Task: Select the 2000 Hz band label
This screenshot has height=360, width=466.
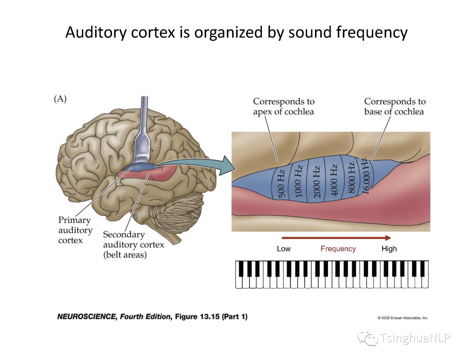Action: pos(317,182)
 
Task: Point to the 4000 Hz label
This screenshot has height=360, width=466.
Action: pos(334,180)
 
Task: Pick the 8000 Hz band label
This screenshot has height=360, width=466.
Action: pos(351,178)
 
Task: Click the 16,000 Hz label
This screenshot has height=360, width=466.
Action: pos(366,177)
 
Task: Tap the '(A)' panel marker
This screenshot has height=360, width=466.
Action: pos(60,99)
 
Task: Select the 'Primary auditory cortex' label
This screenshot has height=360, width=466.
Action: pos(75,230)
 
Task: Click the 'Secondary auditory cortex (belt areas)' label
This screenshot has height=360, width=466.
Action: pos(133,244)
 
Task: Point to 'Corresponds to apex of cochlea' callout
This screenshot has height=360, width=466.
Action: pos(283,106)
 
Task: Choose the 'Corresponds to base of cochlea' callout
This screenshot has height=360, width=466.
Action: pos(394,106)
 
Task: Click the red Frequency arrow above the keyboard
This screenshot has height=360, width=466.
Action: pos(336,238)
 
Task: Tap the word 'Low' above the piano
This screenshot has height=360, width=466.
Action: pos(283,249)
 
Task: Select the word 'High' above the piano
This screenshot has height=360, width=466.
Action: pos(389,249)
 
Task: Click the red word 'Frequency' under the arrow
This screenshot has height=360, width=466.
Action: pos(338,249)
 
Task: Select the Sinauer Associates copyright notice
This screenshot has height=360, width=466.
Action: pos(403,318)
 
